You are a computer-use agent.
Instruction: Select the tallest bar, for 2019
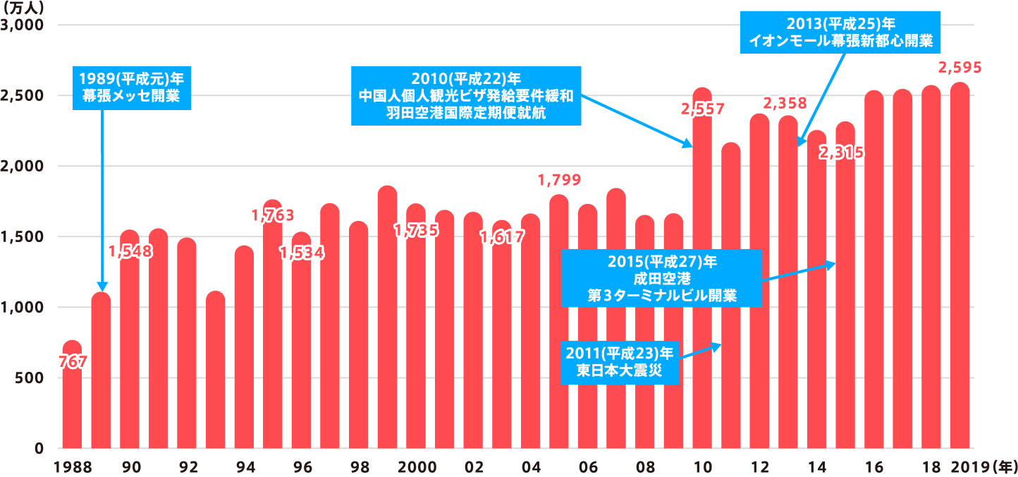pos(959,268)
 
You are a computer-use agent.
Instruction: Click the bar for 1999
pos(387,318)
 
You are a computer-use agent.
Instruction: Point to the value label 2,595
pos(959,68)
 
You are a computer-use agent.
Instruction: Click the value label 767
pos(72,362)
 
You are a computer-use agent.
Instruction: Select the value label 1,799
pos(559,180)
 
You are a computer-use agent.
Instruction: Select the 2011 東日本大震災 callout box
pos(620,363)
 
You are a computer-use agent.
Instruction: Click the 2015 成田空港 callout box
pos(661,278)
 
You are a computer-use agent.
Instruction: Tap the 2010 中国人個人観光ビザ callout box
pos(466,95)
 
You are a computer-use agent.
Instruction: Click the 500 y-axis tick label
pos(32,378)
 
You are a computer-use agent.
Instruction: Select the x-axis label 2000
pos(416,467)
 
